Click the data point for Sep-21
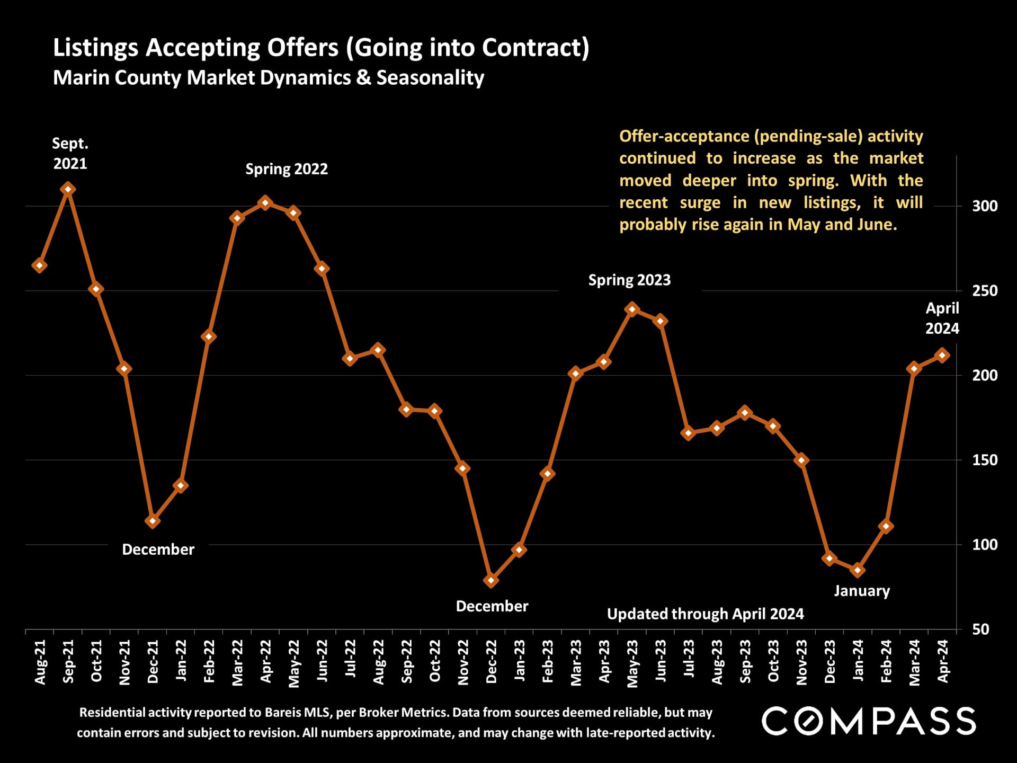click(67, 189)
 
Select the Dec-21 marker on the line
click(153, 521)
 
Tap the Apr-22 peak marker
click(265, 203)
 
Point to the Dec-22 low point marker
click(491, 580)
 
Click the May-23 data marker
click(632, 309)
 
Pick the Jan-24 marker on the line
click(858, 570)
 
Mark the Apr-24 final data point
click(942, 356)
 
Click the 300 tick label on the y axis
click(984, 206)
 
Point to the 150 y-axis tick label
click(984, 460)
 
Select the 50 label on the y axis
click(980, 629)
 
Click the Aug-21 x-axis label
click(40, 662)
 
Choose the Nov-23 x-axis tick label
click(801, 662)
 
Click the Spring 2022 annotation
click(287, 169)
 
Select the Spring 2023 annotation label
click(629, 280)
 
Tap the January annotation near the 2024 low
click(862, 591)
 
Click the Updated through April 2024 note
click(705, 614)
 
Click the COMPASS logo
click(869, 721)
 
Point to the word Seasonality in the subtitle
click(430, 78)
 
